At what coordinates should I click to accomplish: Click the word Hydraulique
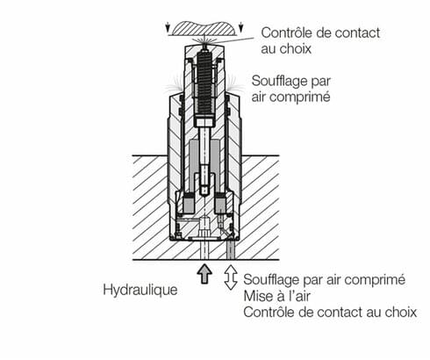[x=141, y=288]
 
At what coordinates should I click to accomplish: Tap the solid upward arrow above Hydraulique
[x=204, y=273]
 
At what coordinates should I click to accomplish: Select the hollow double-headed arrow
[x=231, y=276]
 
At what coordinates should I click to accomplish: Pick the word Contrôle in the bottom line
[x=269, y=313]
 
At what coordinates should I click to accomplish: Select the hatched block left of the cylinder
[x=149, y=206]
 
